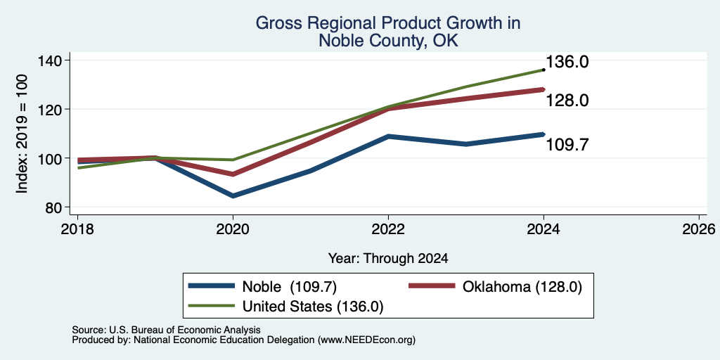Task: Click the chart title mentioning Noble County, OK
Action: (388, 31)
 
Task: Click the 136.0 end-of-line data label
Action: (567, 63)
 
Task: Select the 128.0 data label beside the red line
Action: (567, 101)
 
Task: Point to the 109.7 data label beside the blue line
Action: (567, 145)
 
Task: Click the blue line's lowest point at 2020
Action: (233, 196)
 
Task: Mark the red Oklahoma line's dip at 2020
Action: (233, 174)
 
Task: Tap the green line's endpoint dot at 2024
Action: (544, 70)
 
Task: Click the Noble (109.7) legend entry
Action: (263, 287)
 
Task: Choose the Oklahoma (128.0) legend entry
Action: (496, 287)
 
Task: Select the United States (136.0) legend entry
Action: (286, 307)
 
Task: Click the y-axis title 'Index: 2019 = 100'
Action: (22, 134)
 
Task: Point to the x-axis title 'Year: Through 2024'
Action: (388, 259)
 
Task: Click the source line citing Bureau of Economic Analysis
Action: (166, 330)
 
